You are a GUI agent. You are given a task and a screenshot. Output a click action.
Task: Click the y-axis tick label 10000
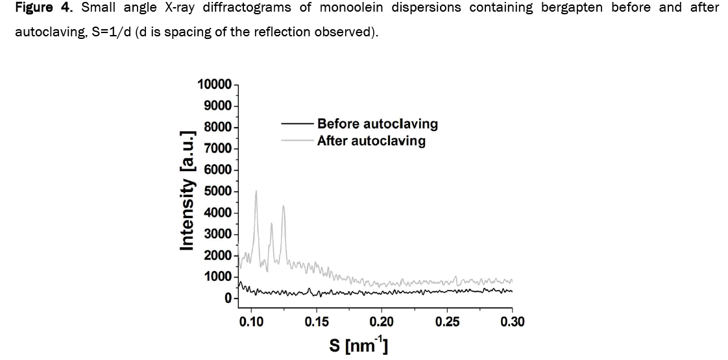pos(214,84)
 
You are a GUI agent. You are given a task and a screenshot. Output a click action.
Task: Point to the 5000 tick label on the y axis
pos(218,191)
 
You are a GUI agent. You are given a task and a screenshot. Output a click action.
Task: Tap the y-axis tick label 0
pos(228,298)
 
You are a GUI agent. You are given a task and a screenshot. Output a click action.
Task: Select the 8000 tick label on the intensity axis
pos(218,127)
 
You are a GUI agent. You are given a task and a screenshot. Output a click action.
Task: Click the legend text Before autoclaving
pos(377,123)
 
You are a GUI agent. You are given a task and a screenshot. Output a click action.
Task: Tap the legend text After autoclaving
pos(371,140)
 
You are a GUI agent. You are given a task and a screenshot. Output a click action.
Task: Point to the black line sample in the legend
pos(297,123)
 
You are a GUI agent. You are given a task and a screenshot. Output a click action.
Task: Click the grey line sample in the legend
pos(297,140)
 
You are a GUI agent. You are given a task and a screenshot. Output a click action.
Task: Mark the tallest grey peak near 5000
pos(256,191)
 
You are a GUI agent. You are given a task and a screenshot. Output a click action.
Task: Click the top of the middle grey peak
pos(271,224)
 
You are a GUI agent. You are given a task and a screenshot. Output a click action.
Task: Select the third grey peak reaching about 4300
pos(284,206)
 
